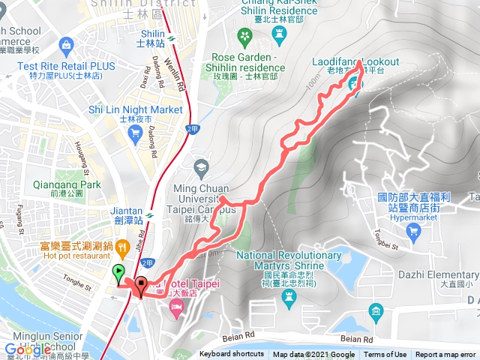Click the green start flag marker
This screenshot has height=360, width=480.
coord(118,274)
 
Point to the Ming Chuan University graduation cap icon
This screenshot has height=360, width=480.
coord(200,166)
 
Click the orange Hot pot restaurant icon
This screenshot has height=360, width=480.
coord(122,245)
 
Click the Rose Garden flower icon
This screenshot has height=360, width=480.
coord(244,35)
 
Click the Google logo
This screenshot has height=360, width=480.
coord(27,349)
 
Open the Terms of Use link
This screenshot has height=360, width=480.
coord(385,355)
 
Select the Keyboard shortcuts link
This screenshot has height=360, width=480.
coord(232,355)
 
